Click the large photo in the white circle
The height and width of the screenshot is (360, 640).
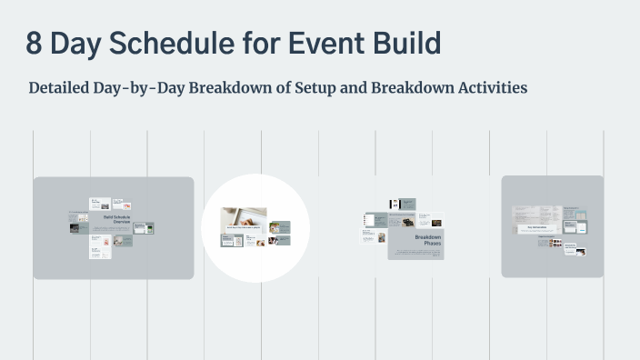pos(244,216)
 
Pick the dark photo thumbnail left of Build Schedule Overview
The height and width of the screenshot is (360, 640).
pos(79,228)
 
